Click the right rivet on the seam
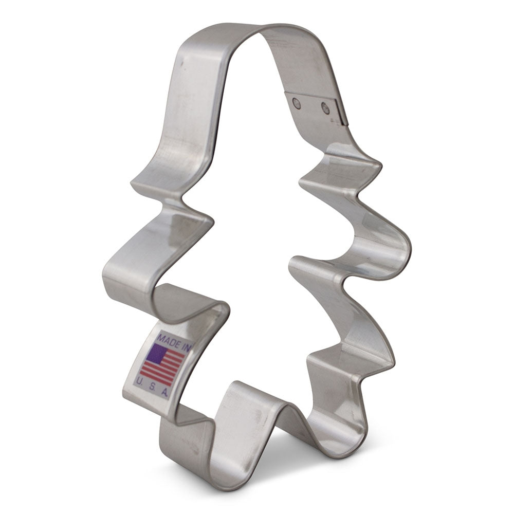point(325,108)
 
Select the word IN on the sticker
point(186,348)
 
